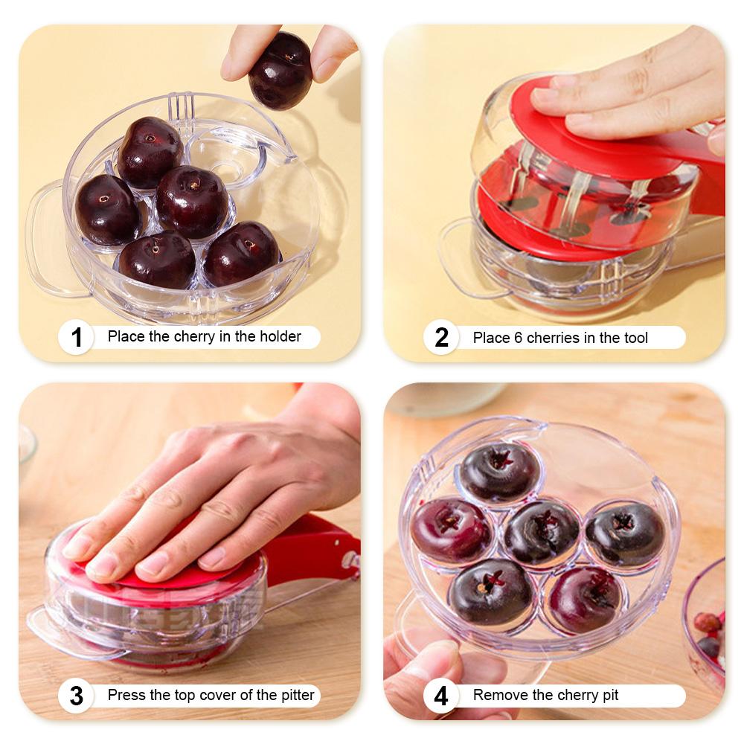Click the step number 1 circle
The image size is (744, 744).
pyautogui.click(x=76, y=337)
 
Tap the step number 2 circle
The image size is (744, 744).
pyautogui.click(x=441, y=338)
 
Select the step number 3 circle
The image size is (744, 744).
pyautogui.click(x=76, y=696)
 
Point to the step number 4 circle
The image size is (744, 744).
pyautogui.click(x=441, y=696)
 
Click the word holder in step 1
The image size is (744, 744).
pyautogui.click(x=280, y=336)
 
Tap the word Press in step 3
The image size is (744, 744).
pyautogui.click(x=126, y=696)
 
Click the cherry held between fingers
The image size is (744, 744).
pyautogui.click(x=280, y=70)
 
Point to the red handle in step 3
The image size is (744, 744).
pyautogui.click(x=312, y=551)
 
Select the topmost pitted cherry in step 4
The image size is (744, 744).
pyautogui.click(x=498, y=470)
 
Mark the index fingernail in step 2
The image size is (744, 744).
pyautogui.click(x=545, y=95)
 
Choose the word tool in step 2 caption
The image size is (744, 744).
pyautogui.click(x=635, y=338)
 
